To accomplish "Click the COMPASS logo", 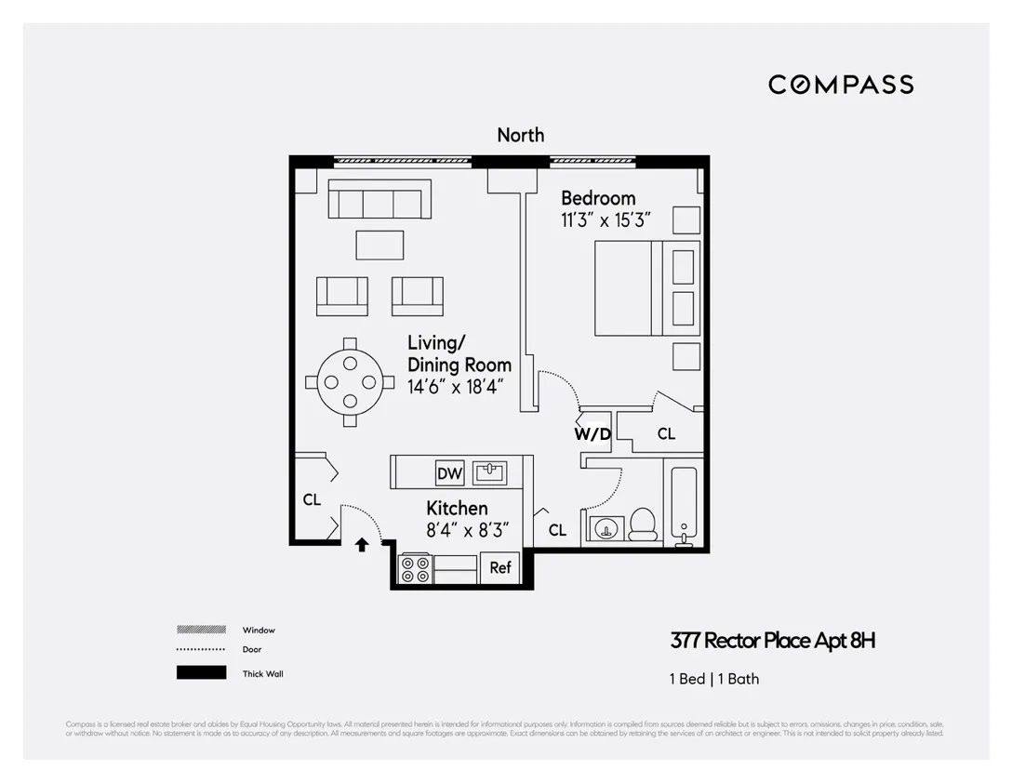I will (841, 85).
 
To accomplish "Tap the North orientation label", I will (520, 135).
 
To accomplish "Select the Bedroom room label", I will (598, 198).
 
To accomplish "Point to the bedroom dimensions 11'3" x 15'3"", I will (605, 221).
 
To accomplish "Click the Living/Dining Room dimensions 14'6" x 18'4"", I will (456, 386).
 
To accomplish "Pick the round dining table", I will (349, 382).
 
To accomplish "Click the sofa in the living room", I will (379, 200).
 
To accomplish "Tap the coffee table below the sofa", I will (379, 245).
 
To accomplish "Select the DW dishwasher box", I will (449, 473).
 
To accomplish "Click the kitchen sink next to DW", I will (489, 472).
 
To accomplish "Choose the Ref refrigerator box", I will (499, 567).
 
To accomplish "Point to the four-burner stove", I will (414, 568).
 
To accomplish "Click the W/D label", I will (592, 433).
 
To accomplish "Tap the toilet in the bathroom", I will (643, 524).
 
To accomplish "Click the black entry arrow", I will (362, 545).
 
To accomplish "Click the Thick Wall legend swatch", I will (201, 673).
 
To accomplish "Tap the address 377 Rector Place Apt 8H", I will (772, 641).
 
